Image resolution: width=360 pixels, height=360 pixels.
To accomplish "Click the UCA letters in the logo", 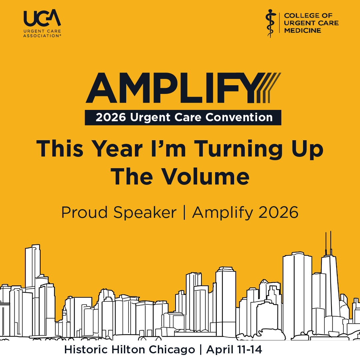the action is click(42, 18).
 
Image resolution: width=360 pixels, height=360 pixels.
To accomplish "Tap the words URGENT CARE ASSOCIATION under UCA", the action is click(42, 34).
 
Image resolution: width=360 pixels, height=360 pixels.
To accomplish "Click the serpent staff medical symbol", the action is click(271, 23).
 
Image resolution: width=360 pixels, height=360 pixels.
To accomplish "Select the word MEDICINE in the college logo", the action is click(302, 31).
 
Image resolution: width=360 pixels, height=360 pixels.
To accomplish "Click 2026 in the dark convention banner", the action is click(111, 117).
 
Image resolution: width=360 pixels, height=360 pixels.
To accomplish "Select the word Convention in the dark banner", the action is click(239, 117).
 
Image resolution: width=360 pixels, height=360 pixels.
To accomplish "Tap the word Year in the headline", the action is click(117, 149).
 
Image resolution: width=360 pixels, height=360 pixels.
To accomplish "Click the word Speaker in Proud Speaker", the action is click(145, 212).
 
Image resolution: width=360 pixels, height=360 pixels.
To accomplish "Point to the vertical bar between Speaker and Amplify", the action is click(184, 212).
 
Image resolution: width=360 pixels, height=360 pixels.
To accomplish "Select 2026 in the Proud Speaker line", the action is click(278, 212).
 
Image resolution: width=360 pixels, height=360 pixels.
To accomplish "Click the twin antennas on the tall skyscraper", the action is click(328, 243).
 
